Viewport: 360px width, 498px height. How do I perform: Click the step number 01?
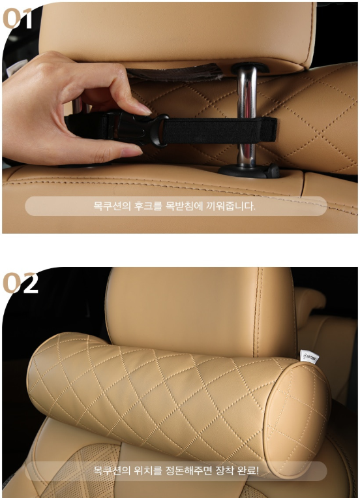pyautogui.click(x=18, y=18)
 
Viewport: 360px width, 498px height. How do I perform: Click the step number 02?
pyautogui.click(x=20, y=283)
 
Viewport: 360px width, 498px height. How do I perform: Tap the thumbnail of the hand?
pyautogui.click(x=132, y=152)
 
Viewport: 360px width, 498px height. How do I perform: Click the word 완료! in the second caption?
pyautogui.click(x=248, y=471)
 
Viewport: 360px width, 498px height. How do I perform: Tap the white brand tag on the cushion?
pyautogui.click(x=309, y=356)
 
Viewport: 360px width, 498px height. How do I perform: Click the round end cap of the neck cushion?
pyautogui.click(x=297, y=420)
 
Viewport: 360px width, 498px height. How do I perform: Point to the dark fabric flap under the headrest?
pyautogui.click(x=175, y=72)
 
